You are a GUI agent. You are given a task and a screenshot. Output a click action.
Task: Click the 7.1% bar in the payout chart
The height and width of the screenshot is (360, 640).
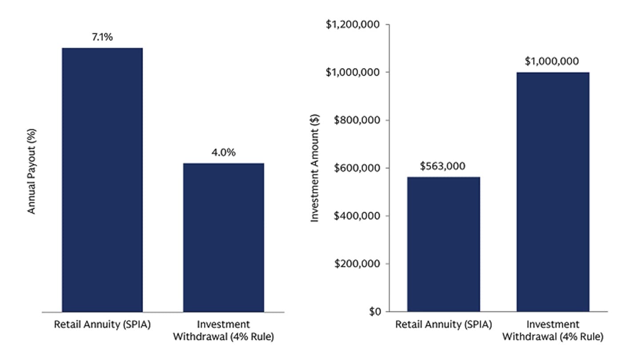pos(102,180)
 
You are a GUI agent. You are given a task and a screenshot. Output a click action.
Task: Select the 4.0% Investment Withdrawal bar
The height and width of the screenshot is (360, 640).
pos(224,237)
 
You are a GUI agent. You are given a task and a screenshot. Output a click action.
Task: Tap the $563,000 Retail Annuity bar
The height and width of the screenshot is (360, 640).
pos(443,244)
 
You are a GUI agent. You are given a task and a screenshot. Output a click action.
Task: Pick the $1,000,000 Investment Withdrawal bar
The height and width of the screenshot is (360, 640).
pos(552,192)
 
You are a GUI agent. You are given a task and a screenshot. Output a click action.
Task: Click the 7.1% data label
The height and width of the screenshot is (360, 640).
pos(102,37)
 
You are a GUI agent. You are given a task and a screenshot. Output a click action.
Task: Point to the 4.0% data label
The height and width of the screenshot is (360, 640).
pos(224,153)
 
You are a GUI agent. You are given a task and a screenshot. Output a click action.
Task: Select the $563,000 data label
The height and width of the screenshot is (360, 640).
pos(443,166)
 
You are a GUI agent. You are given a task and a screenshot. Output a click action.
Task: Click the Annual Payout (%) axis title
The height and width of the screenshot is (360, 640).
pos(32,171)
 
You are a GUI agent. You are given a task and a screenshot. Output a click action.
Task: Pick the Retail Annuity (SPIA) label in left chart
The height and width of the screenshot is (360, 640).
pos(102,324)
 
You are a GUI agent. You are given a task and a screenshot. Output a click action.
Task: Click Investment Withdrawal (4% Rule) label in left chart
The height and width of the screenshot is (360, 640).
pos(223,330)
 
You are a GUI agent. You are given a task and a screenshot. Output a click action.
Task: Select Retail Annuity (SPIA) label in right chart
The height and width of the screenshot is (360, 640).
pos(443,324)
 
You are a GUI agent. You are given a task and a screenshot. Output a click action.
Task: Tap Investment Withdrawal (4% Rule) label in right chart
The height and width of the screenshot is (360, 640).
pos(552,330)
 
